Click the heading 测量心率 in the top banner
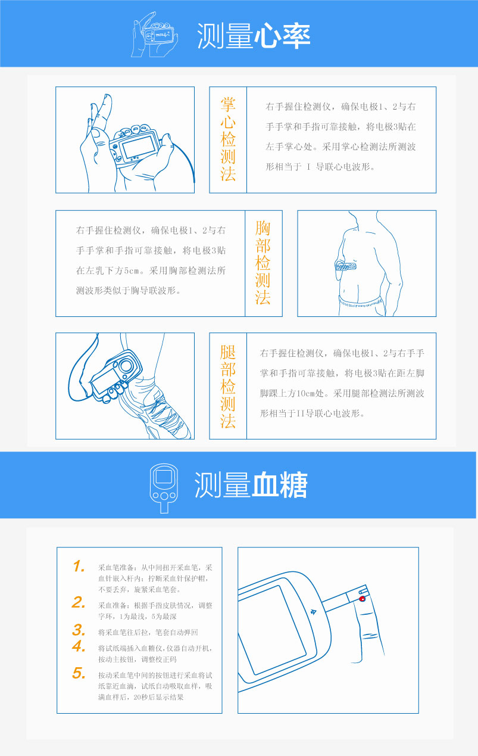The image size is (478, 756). (254, 36)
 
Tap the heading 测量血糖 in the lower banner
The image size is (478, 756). (251, 485)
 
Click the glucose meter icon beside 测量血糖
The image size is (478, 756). (164, 488)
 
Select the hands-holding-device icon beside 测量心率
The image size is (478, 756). (155, 35)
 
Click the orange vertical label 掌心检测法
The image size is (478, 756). (228, 139)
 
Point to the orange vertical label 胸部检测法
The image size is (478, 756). (263, 263)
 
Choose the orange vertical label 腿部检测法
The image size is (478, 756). (228, 386)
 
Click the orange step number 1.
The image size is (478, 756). (79, 567)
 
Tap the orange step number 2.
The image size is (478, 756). (79, 602)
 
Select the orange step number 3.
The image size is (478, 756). (79, 630)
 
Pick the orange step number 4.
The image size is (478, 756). (79, 646)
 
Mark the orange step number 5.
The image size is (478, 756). (79, 673)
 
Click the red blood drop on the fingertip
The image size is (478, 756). (363, 599)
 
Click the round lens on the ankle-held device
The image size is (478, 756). (126, 366)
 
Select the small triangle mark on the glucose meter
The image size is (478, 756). (313, 612)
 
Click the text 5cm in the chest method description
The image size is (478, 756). (132, 270)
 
